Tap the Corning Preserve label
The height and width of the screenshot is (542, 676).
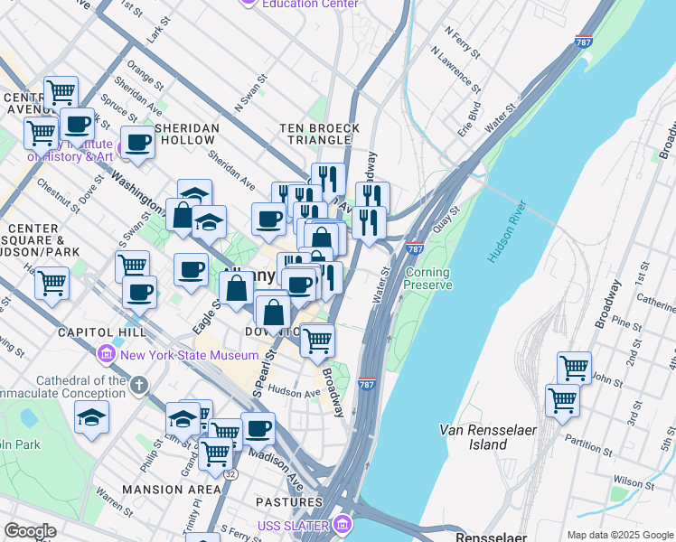tap(427, 278)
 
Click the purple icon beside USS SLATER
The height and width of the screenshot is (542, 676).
tap(342, 525)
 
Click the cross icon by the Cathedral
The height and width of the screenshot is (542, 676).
tap(138, 386)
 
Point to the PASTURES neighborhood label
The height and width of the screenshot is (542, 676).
tap(289, 500)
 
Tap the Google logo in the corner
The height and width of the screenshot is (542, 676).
tap(30, 531)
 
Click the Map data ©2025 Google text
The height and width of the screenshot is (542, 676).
tap(620, 535)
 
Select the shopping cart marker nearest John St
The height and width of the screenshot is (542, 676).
tap(574, 368)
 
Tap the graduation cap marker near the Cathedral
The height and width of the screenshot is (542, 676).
tap(91, 416)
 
